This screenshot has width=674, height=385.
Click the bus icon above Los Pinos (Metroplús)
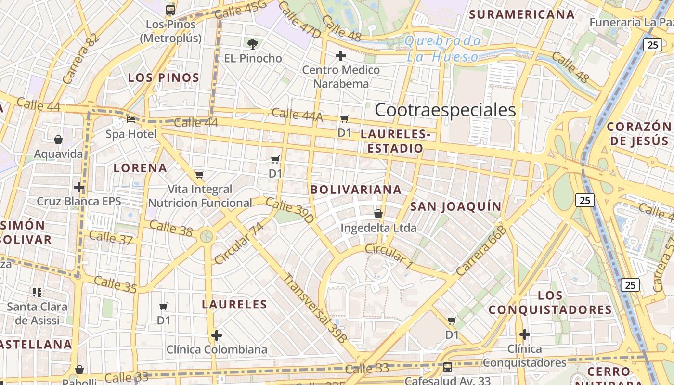point(170,10)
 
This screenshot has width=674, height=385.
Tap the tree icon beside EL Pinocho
point(252,44)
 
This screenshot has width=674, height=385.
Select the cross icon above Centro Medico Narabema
point(341,56)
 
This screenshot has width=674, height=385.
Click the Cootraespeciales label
point(445,110)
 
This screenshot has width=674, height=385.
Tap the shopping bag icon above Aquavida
point(58,140)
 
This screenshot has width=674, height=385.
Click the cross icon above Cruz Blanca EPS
point(79,187)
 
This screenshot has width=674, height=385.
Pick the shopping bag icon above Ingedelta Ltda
point(378,213)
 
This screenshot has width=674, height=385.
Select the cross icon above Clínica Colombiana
point(217,335)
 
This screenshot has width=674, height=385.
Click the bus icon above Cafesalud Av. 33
point(447,367)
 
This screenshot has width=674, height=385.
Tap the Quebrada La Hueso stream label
point(443,49)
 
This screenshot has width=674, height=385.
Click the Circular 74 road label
point(239,244)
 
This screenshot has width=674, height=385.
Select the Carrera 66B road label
point(481,251)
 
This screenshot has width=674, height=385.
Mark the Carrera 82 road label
point(76,59)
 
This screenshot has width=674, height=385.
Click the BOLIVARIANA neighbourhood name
point(356,190)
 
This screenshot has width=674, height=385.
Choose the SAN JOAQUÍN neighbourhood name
point(455,207)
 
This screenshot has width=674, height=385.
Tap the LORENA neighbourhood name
point(140,168)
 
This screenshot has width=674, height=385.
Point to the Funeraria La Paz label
point(630,23)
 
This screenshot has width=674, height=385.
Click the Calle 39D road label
point(290,210)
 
